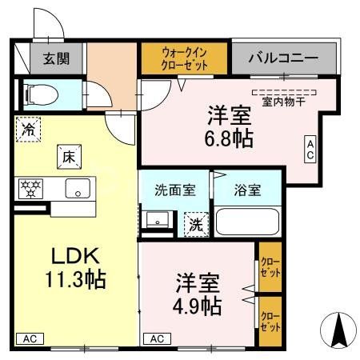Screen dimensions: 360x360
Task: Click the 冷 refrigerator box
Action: tap(29, 129)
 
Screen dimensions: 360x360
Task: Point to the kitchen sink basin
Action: tap(78, 189)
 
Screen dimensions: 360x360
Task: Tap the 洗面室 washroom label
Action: tap(174, 190)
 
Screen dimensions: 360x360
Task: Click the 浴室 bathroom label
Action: tap(247, 190)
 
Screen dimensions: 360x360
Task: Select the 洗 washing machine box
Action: tap(195, 224)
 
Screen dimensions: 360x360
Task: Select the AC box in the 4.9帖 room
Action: tap(157, 338)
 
